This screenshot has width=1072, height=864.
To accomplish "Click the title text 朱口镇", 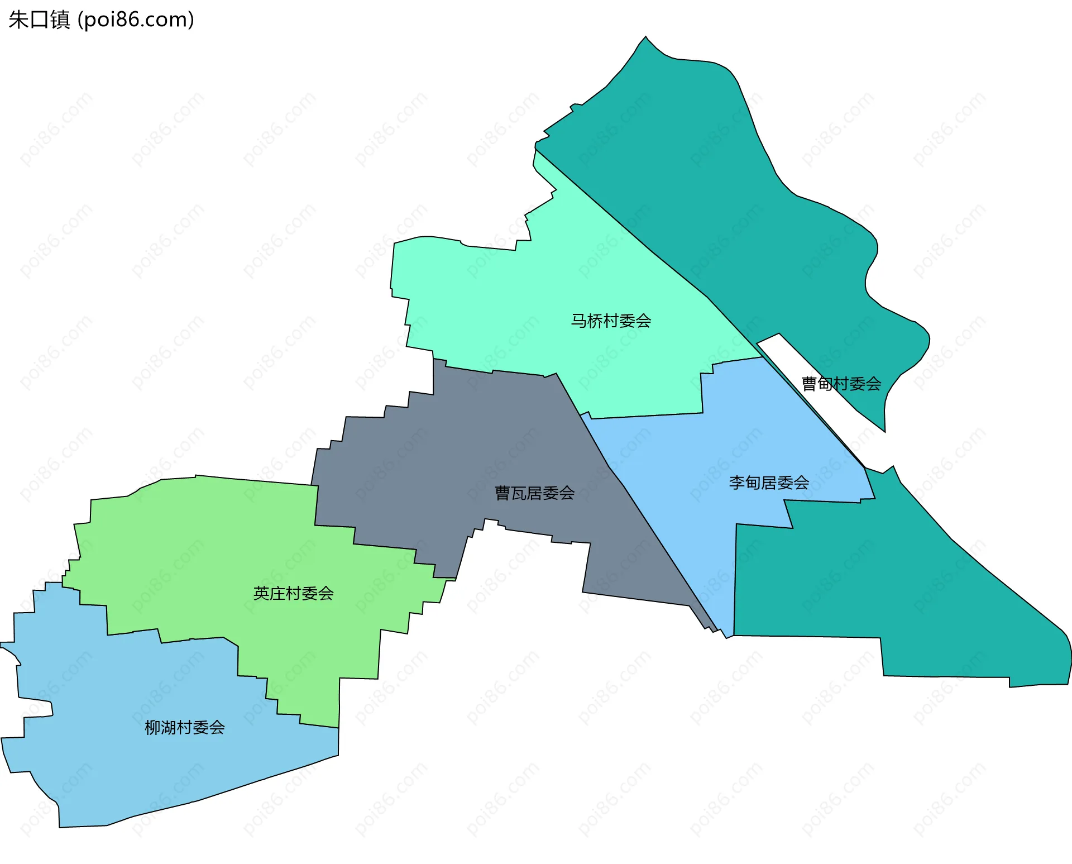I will coord(39,20).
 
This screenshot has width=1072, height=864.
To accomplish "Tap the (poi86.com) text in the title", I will coord(136,20).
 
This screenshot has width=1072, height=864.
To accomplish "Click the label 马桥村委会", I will coord(611,321).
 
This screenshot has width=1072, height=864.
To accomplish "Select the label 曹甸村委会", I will coord(841,384).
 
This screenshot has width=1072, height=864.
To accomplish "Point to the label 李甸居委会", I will coord(769,483).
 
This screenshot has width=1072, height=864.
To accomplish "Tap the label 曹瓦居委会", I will coord(534,493).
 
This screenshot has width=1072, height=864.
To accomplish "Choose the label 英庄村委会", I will coord(293,593).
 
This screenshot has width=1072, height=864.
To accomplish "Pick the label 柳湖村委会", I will coord(184,727).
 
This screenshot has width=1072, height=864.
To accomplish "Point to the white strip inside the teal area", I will coord(810,369).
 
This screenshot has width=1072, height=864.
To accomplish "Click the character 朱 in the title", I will coord(18,20).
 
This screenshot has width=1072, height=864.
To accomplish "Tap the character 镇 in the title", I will coord(60,20).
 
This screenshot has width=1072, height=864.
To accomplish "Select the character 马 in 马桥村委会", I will coord(578,321).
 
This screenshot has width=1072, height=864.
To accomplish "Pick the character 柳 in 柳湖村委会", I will coord(152,727).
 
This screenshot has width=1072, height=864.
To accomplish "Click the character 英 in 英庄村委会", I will coord(261,593).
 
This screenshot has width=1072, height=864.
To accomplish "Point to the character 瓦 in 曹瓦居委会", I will coord(518,493).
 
